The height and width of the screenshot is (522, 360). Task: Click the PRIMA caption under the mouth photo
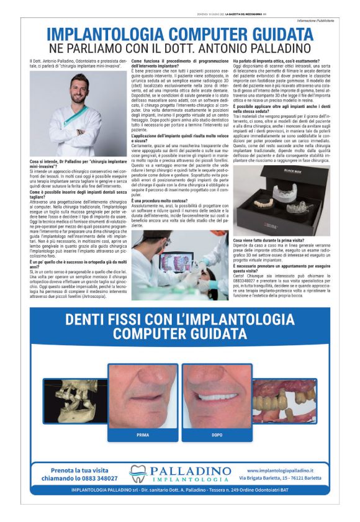143,435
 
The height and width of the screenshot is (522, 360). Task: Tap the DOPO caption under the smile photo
217,435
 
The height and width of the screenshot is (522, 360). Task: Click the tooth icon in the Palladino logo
138,474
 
